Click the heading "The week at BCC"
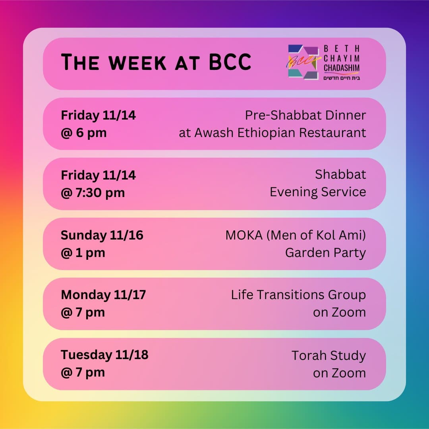[x=156, y=62]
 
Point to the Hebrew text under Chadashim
[x=342, y=78]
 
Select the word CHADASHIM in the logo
[x=342, y=68]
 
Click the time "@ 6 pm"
[x=83, y=133]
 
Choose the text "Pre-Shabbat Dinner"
[x=305, y=115]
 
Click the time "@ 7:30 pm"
[x=93, y=193]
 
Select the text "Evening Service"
[x=318, y=192]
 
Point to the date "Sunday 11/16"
[x=102, y=235]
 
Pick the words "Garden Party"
[x=325, y=253]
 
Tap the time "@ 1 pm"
[x=83, y=253]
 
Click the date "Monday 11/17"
[x=103, y=295]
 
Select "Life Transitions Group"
[x=298, y=295]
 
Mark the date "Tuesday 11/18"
[x=104, y=355]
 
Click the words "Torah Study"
[x=329, y=356]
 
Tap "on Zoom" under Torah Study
[x=339, y=373]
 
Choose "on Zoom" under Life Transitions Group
[x=339, y=312]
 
